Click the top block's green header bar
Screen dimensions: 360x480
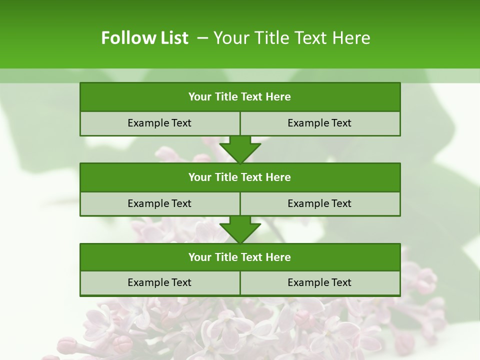240,97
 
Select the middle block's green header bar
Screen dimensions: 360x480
240,177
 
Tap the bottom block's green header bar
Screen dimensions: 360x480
240,257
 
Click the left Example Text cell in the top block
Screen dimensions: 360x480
159,123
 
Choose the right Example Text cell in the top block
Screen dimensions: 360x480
320,123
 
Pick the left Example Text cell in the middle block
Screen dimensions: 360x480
159,203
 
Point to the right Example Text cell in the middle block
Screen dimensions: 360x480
320,203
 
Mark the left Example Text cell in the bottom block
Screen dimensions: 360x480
159,282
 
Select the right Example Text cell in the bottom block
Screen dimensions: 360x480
320,282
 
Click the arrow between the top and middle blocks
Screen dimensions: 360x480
240,149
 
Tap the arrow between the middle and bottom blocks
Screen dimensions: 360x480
240,229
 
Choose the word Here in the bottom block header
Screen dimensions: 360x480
278,257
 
